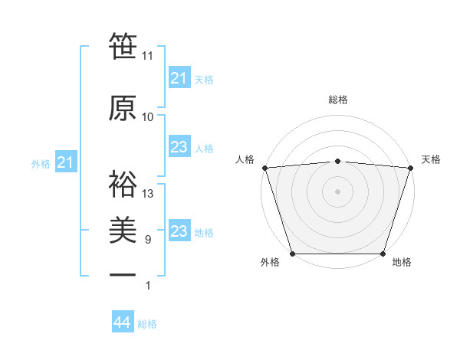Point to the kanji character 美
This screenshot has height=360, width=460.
(123, 229)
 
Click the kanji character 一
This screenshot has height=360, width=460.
(123, 275)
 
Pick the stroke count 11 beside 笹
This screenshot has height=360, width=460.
(148, 56)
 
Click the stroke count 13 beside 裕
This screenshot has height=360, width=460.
(148, 194)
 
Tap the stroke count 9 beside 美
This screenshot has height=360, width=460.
(147, 240)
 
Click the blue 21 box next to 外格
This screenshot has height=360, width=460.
(65, 162)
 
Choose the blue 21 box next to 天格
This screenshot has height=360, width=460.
(179, 78)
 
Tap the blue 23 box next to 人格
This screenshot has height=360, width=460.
(179, 147)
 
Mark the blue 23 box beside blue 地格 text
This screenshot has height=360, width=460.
(179, 231)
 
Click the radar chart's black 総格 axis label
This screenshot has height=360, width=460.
(337, 100)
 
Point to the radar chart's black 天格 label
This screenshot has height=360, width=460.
(431, 159)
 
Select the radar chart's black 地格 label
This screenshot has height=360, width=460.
(402, 263)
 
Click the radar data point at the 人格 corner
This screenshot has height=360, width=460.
(264, 168)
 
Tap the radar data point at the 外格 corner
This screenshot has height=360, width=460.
(292, 254)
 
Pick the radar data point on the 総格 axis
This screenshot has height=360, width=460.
(337, 161)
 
